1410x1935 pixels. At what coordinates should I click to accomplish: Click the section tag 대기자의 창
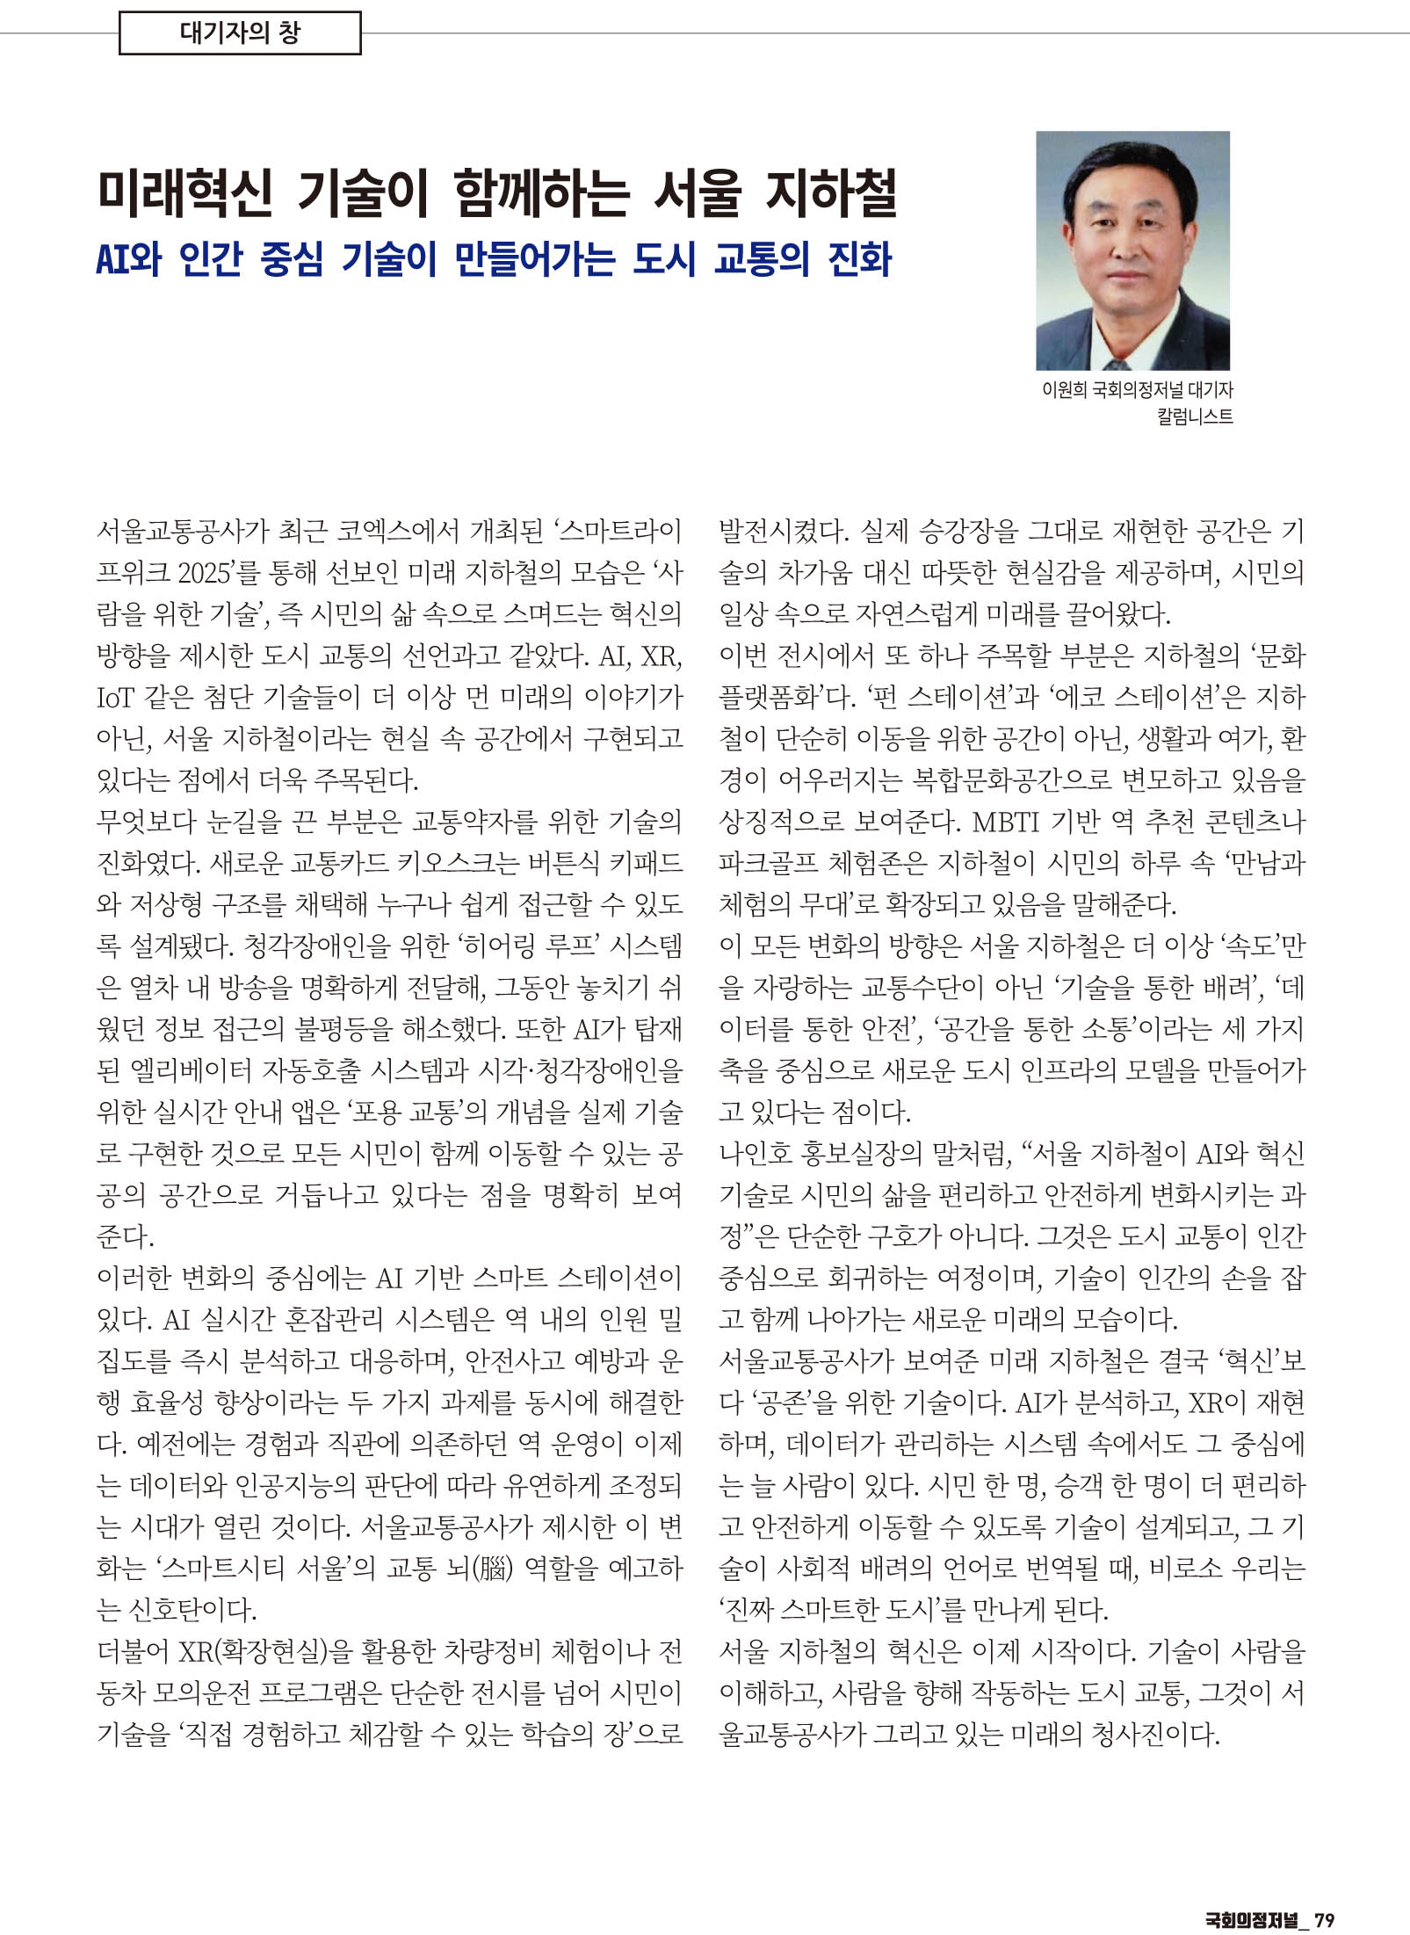click(x=240, y=33)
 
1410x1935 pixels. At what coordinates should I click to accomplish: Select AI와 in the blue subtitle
click(x=129, y=259)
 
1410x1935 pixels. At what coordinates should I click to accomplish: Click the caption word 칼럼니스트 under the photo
click(x=1195, y=417)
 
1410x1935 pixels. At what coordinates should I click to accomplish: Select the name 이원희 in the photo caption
click(x=1063, y=389)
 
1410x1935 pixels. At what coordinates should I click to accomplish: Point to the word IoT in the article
click(x=114, y=698)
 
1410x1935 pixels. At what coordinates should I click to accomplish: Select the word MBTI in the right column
click(x=1005, y=822)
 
